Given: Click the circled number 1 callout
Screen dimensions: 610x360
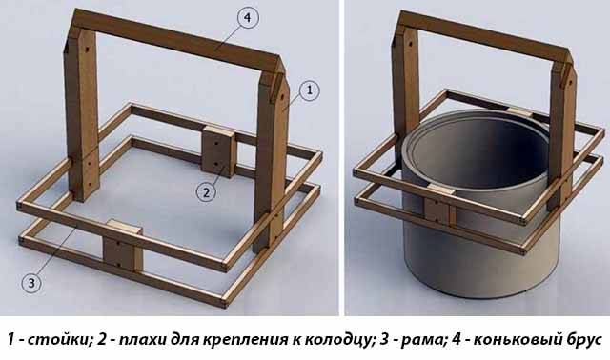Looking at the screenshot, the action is pyautogui.click(x=309, y=90).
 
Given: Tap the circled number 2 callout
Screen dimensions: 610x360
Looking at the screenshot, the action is pyautogui.click(x=206, y=192).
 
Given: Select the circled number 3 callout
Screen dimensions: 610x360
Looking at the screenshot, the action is pyautogui.click(x=31, y=283).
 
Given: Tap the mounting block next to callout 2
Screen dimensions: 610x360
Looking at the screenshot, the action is pyautogui.click(x=217, y=152).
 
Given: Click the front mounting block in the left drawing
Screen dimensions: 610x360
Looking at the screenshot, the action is pyautogui.click(x=123, y=246).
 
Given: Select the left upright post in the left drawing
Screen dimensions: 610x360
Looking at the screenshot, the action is pyautogui.click(x=81, y=112).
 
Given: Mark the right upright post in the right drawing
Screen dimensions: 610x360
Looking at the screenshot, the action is pyautogui.click(x=561, y=136).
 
